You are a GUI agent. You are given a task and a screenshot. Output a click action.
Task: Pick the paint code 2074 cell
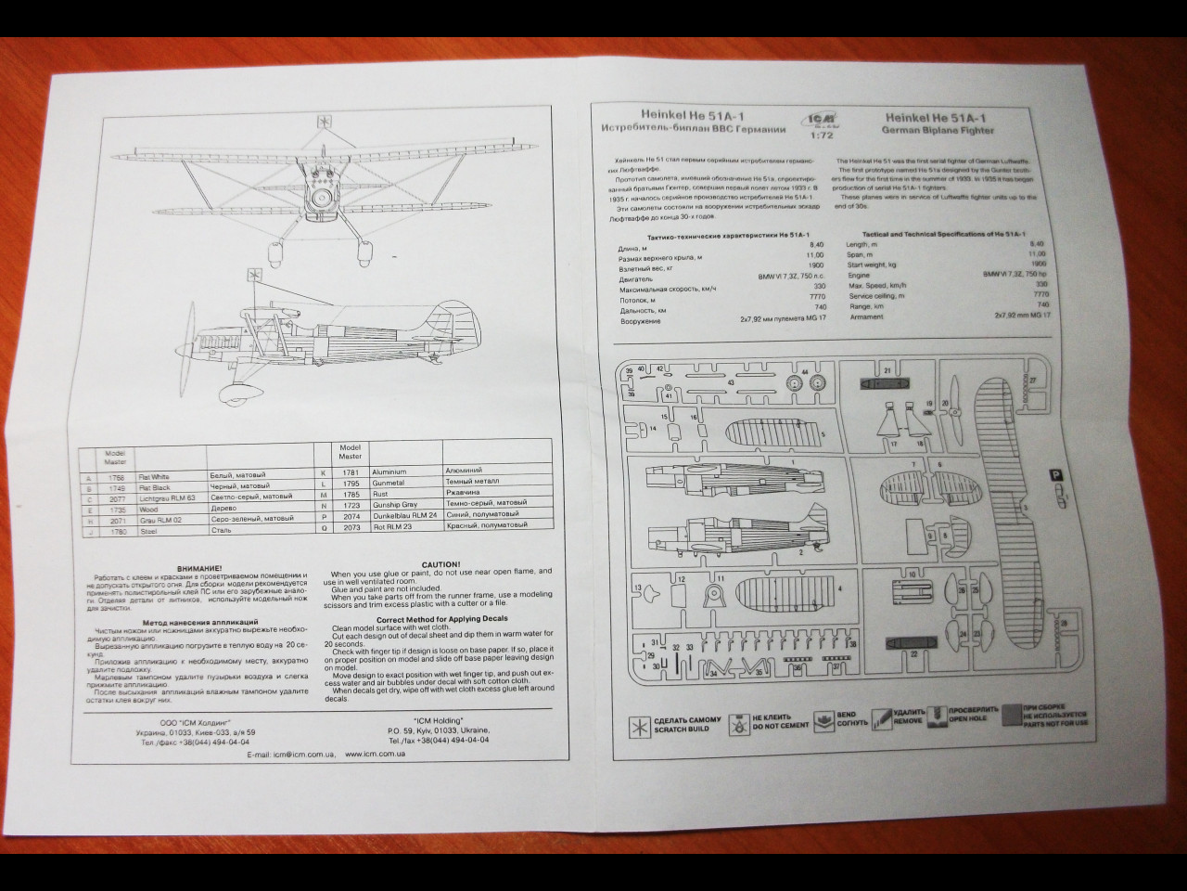point(351,516)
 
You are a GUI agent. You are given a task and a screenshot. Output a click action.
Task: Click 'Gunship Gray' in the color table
point(395,505)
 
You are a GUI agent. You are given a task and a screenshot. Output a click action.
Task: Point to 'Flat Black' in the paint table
point(155,486)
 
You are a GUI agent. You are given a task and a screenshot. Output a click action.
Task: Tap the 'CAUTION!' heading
point(441,564)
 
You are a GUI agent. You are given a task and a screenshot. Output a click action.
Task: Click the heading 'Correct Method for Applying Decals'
point(442,619)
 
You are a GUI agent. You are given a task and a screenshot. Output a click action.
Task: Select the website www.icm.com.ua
point(375,755)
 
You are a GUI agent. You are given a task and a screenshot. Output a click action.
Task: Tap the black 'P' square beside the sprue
point(1056,475)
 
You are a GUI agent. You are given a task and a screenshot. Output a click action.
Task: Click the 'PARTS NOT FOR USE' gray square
point(1011,714)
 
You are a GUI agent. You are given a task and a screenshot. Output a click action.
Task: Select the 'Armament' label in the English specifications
point(865,317)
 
